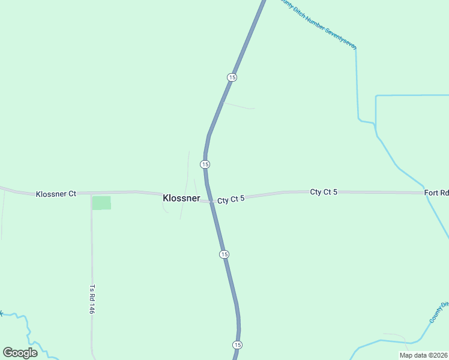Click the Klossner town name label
[181, 197]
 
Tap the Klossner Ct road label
[56, 194]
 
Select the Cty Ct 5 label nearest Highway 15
[231, 199]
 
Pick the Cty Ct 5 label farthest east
[324, 191]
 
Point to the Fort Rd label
[436, 193]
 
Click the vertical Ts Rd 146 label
[92, 299]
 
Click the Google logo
[20, 353]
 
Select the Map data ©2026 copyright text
[423, 355]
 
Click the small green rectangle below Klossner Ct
[101, 203]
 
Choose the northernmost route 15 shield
[232, 77]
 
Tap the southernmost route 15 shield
[238, 344]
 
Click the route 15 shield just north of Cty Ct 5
[205, 164]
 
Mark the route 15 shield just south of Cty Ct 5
[224, 254]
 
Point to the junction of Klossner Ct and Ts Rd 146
[91, 194]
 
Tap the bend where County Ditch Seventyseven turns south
[356, 49]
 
